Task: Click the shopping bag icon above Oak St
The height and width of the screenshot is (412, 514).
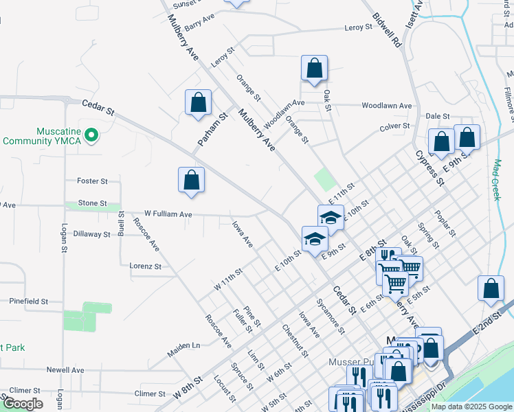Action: [314, 69]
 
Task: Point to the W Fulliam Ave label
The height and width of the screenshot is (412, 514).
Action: [168, 214]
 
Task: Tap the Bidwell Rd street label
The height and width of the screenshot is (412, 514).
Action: [386, 29]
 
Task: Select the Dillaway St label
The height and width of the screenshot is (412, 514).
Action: [91, 234]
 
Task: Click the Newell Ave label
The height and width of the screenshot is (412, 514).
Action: [65, 369]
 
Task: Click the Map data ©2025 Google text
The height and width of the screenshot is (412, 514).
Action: [471, 407]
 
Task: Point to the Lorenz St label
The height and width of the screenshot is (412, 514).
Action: [145, 266]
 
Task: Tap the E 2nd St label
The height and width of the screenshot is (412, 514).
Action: [488, 325]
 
